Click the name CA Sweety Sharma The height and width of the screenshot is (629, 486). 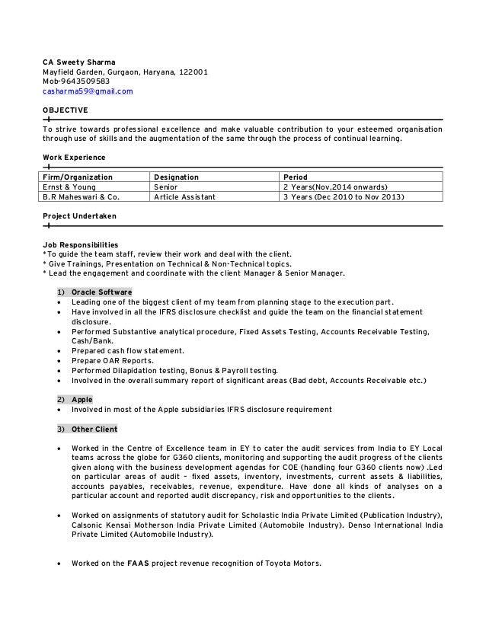point(79,61)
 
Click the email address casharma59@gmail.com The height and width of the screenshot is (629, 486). point(87,91)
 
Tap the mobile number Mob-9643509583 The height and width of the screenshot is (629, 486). point(76,81)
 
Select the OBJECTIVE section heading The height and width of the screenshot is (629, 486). point(65,110)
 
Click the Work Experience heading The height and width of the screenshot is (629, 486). point(74,158)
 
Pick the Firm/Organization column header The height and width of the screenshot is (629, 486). point(78,177)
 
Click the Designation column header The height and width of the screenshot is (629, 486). point(176,177)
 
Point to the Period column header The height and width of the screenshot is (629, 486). point(296,177)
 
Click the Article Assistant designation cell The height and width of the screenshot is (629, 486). point(184,196)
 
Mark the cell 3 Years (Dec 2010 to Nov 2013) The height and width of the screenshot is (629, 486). point(344,196)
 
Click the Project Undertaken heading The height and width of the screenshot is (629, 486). point(79,216)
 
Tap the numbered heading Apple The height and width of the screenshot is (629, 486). point(82,399)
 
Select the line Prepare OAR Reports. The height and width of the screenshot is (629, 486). point(112,360)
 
